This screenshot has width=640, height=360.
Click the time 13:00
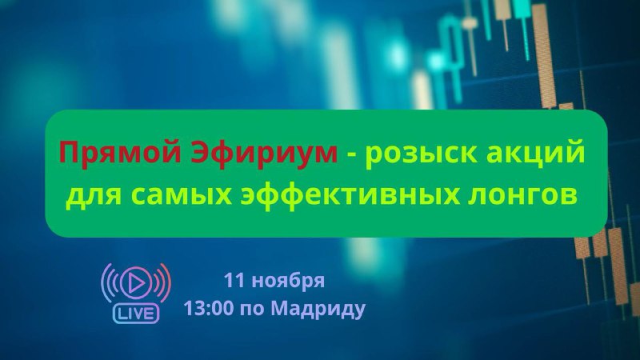(x=208, y=308)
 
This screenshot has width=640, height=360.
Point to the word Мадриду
(x=318, y=309)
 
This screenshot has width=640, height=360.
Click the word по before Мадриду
(x=252, y=310)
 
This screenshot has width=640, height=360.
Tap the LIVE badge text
(x=135, y=314)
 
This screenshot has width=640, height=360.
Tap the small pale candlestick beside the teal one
(x=470, y=23)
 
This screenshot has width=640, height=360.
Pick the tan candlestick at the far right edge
(x=634, y=300)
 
